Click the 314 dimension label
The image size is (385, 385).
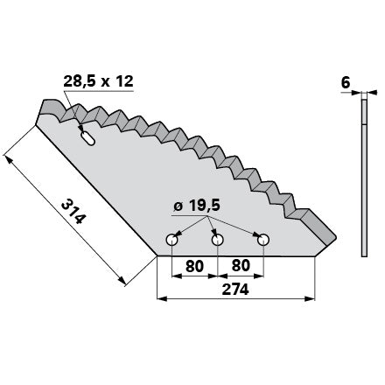point(73,212)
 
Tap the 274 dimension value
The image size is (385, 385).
point(235,290)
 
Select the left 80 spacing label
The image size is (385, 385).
point(194,266)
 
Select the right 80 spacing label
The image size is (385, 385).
point(241,266)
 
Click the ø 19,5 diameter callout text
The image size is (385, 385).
point(197,206)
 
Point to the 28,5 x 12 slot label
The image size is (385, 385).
point(98,81)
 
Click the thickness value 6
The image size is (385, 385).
point(346,83)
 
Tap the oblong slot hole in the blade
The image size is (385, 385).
point(87,138)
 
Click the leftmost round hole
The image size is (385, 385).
point(172,240)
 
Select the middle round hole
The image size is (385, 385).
point(218,240)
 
